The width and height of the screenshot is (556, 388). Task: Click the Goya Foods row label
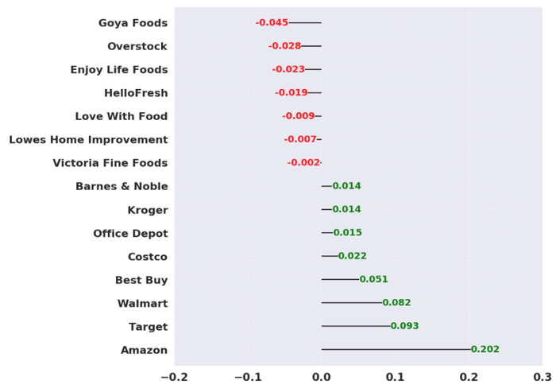coord(133,23)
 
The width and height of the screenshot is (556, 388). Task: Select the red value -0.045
coord(272,23)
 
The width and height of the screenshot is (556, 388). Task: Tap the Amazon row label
coord(144,350)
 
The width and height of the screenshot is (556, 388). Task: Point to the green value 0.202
coord(485,350)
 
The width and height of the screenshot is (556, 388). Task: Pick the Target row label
coord(148,327)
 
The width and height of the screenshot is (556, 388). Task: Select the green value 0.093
coord(404,327)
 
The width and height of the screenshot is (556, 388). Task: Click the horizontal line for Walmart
coord(352,303)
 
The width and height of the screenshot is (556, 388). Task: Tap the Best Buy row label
coord(141,280)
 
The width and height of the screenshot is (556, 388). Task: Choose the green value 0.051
coord(373,280)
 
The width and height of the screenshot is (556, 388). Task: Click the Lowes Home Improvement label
coord(88,140)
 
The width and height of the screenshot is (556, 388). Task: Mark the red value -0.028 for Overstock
coord(284,46)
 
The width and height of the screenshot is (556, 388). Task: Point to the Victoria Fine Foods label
coord(110,163)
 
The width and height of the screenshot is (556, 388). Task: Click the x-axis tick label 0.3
coord(542,376)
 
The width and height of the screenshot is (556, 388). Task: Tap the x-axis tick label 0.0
coord(322,376)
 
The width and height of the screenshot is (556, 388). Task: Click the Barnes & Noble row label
coord(122,186)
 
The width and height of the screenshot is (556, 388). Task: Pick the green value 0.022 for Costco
coord(353,256)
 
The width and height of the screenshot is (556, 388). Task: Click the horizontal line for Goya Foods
coord(305,23)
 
